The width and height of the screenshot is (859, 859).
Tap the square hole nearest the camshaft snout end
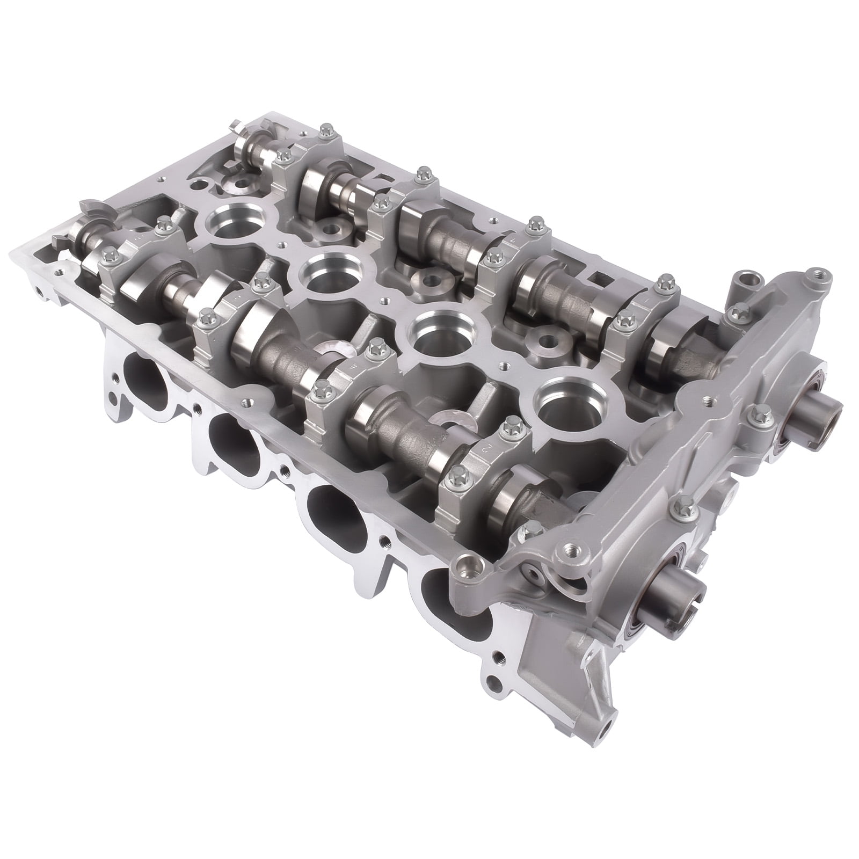coord(596,279)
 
